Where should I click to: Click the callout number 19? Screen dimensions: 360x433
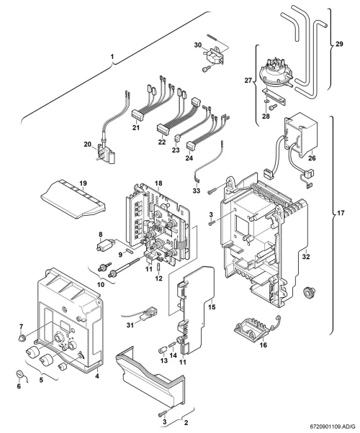(x=83, y=183)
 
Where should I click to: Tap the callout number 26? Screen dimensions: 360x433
(x=312, y=158)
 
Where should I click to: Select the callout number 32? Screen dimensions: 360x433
(x=306, y=257)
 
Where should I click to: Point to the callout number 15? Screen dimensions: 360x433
(x=212, y=307)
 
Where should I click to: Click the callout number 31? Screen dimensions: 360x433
(x=130, y=325)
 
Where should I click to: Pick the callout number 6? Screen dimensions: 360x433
(x=19, y=386)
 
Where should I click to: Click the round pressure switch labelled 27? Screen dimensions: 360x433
(x=274, y=71)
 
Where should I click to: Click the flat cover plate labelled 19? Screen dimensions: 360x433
(x=73, y=203)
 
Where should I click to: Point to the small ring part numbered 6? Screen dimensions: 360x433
(x=19, y=374)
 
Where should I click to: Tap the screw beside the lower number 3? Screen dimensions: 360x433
(x=163, y=414)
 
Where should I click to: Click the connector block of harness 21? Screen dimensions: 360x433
(x=137, y=114)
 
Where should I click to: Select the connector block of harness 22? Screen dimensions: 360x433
(x=163, y=129)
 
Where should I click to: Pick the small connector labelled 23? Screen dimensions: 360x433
(x=177, y=138)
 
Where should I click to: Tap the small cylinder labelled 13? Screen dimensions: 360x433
(x=163, y=350)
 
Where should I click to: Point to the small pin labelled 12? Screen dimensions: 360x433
(x=158, y=268)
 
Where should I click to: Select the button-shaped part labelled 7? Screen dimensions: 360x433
(x=22, y=337)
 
